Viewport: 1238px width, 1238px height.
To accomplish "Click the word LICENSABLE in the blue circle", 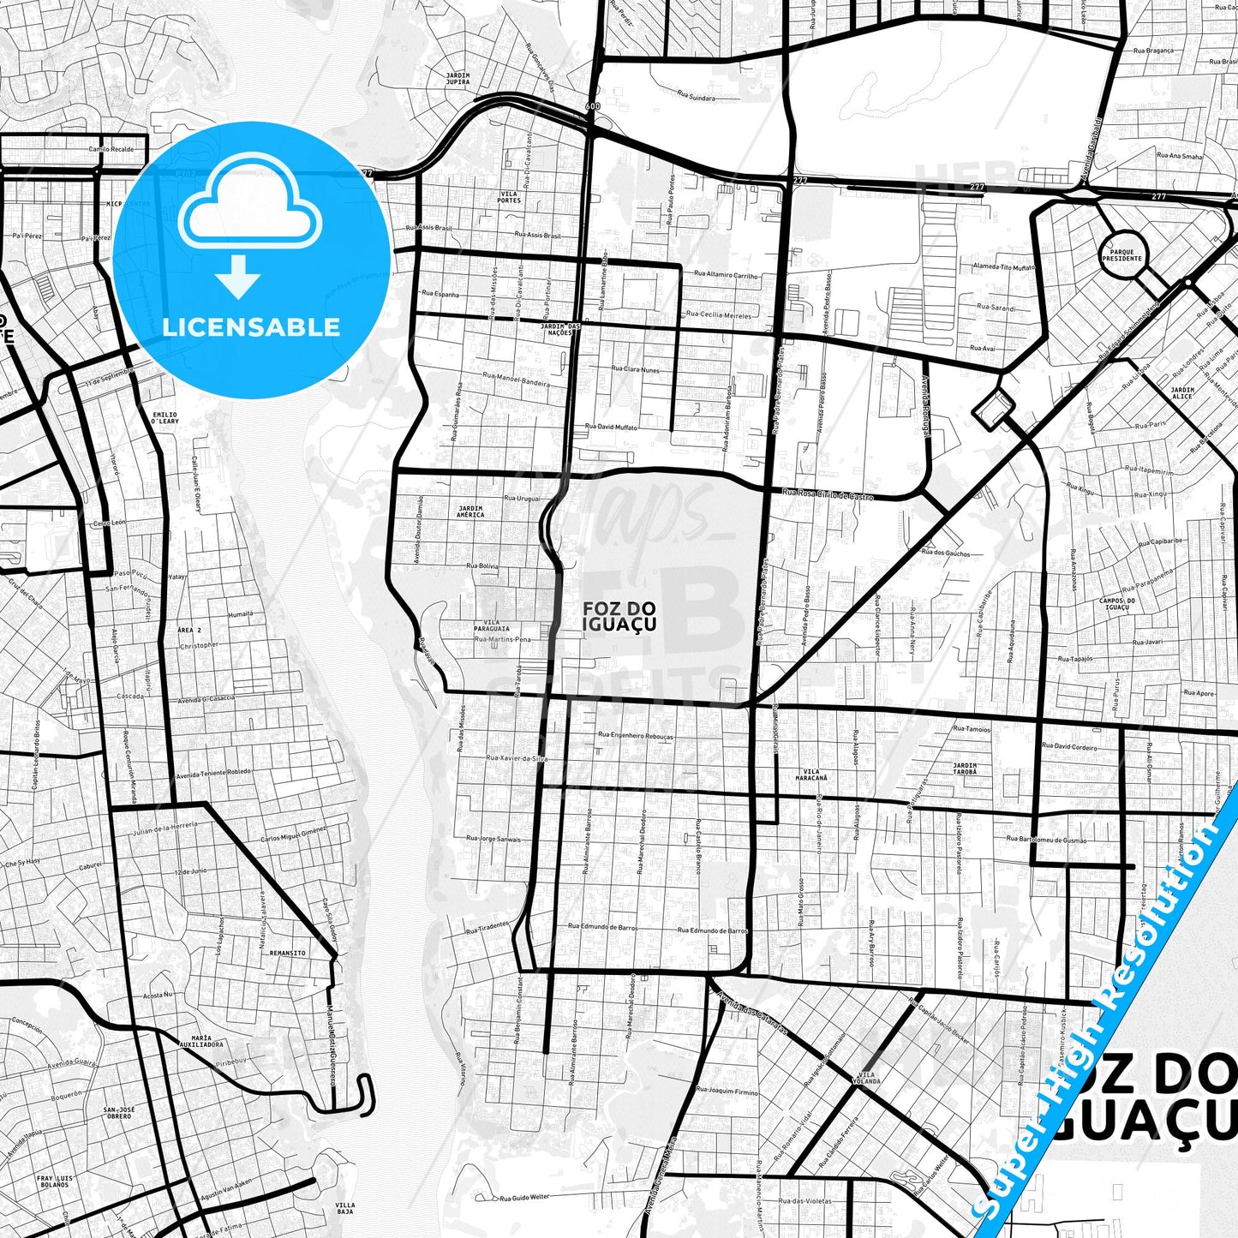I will pyautogui.click(x=251, y=327).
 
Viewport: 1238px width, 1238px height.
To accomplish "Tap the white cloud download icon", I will pyautogui.click(x=249, y=208).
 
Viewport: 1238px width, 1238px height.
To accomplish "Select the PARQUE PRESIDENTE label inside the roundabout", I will pyautogui.click(x=1122, y=255).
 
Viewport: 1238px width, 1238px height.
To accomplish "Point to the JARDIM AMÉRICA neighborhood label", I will pyautogui.click(x=470, y=511).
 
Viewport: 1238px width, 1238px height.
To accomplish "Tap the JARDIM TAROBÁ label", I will pyautogui.click(x=965, y=769).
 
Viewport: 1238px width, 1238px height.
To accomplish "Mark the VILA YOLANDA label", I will pyautogui.click(x=867, y=1078).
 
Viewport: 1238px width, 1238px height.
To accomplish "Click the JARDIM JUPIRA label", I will pyautogui.click(x=458, y=79).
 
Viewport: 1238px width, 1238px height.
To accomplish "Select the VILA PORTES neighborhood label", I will pyautogui.click(x=509, y=197).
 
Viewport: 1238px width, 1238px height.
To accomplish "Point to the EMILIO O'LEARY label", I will pyautogui.click(x=164, y=418).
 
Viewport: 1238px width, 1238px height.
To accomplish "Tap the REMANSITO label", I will pyautogui.click(x=287, y=953).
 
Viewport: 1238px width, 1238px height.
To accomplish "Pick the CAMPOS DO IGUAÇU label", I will pyautogui.click(x=1117, y=604).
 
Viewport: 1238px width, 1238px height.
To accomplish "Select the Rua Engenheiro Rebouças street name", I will pyautogui.click(x=635, y=736).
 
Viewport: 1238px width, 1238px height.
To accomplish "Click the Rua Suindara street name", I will pyautogui.click(x=695, y=98).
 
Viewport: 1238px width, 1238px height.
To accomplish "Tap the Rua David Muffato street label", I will pyautogui.click(x=611, y=427).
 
